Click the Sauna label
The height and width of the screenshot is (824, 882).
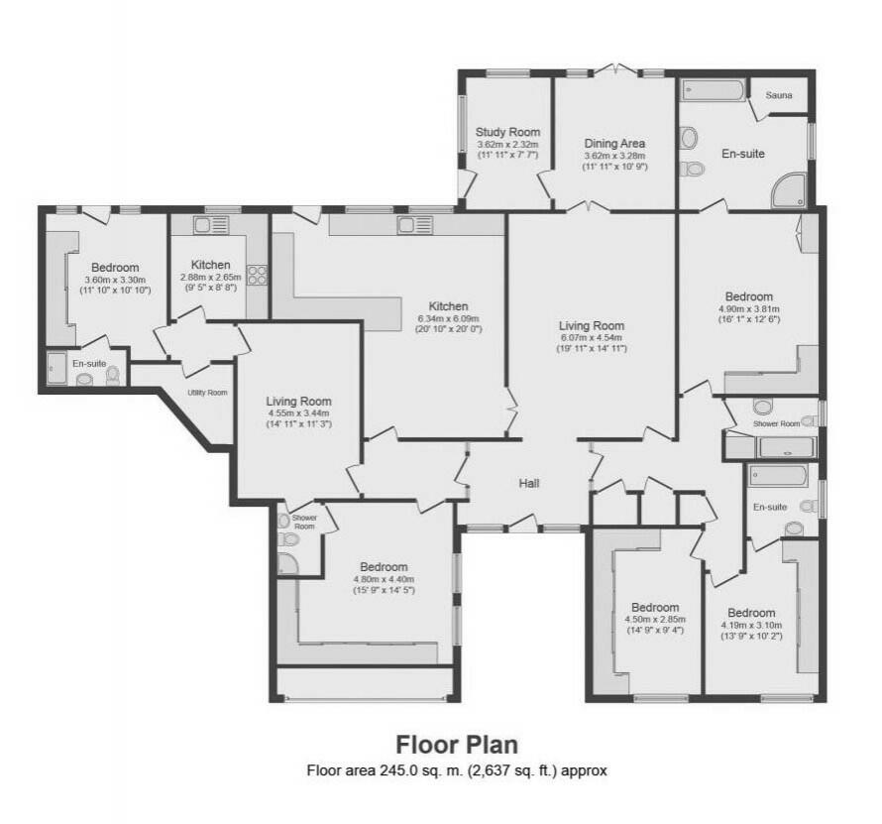[x=779, y=95]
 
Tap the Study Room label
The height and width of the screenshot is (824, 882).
[x=507, y=132]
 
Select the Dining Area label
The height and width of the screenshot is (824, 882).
[x=614, y=144]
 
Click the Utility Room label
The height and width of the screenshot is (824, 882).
[x=207, y=393]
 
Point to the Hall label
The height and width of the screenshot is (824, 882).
[x=529, y=483]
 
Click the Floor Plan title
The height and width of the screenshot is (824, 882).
[x=457, y=744]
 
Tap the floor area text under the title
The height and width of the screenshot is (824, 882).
[x=457, y=770]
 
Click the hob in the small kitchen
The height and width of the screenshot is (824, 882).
[x=258, y=275]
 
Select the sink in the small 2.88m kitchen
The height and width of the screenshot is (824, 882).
[x=211, y=225]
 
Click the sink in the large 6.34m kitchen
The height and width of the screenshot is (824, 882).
[x=414, y=225]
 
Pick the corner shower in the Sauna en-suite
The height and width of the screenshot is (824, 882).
[x=791, y=190]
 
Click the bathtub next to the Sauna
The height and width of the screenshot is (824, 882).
[x=715, y=90]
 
